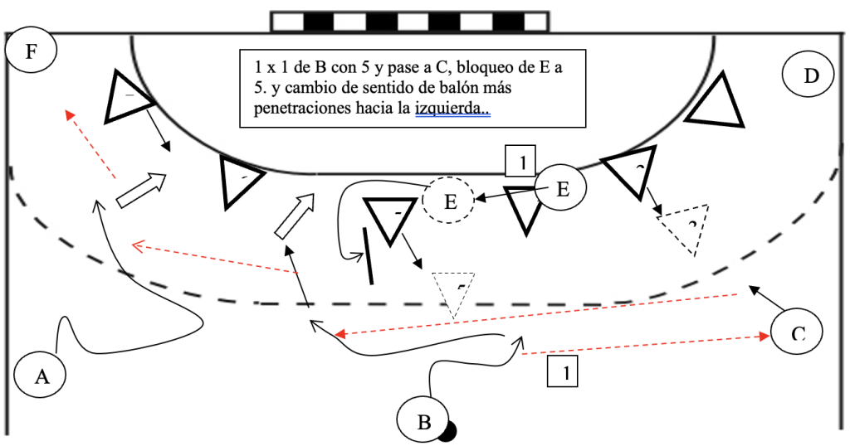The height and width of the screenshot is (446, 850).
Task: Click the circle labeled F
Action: (31, 52)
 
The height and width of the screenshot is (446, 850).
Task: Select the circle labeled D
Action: (809, 76)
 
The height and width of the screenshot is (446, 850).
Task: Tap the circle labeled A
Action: (41, 376)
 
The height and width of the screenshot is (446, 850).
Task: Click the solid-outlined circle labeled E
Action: (561, 189)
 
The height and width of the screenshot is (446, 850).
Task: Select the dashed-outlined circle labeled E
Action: (448, 201)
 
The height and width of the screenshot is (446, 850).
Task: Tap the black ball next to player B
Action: (449, 431)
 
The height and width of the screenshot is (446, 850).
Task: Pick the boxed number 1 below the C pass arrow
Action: (562, 371)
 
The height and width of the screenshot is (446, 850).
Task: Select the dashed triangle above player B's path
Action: (453, 290)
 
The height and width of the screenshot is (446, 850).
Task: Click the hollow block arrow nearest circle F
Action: (139, 190)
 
